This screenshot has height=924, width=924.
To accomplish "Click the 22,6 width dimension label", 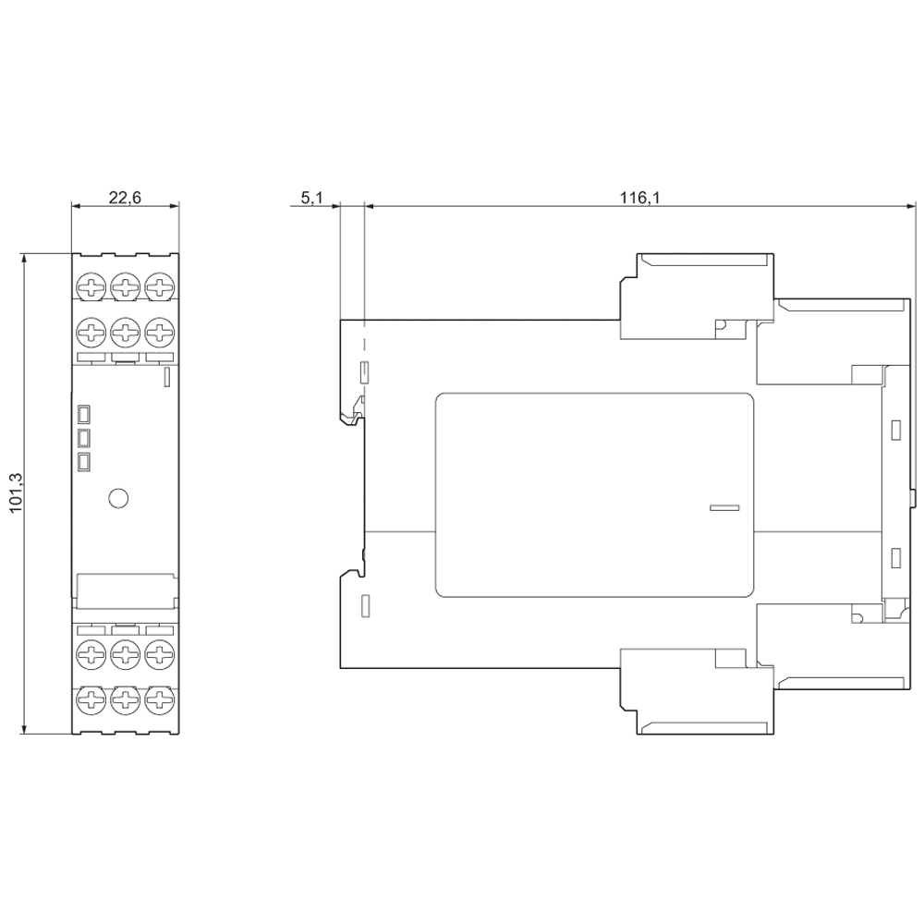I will click(125, 197).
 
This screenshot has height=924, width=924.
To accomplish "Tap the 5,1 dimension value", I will click(311, 197).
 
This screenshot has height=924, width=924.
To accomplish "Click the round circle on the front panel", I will click(117, 498).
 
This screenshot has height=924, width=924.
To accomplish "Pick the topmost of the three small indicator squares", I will click(84, 413).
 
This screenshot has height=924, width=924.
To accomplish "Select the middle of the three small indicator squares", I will click(84, 437).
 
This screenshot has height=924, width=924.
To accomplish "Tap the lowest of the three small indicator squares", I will click(84, 461).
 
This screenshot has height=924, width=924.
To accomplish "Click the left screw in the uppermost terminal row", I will click(91, 286).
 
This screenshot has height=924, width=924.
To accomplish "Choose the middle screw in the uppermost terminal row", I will click(125, 286).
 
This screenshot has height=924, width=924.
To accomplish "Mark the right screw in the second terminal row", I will click(159, 331).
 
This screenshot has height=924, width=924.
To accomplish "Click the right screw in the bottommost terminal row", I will click(159, 699).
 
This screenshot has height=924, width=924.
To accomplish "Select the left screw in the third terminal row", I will click(91, 654).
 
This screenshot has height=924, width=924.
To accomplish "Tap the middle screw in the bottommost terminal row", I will click(125, 699).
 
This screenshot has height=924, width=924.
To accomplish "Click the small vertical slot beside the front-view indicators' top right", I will click(166, 376).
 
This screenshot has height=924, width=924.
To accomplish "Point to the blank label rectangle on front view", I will click(125, 590).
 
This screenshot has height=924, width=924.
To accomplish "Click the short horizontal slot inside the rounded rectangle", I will click(724, 507).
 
